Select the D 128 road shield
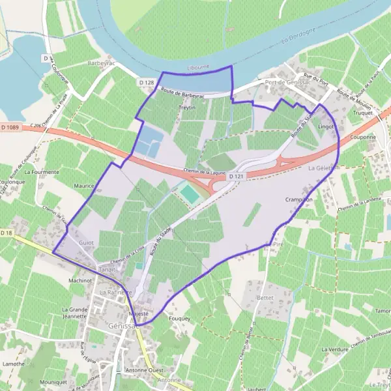tap(147, 82)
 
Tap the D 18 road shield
tap(7, 233)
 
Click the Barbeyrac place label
tap(100, 64)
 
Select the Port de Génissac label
tap(287, 83)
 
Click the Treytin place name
tap(187, 107)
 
